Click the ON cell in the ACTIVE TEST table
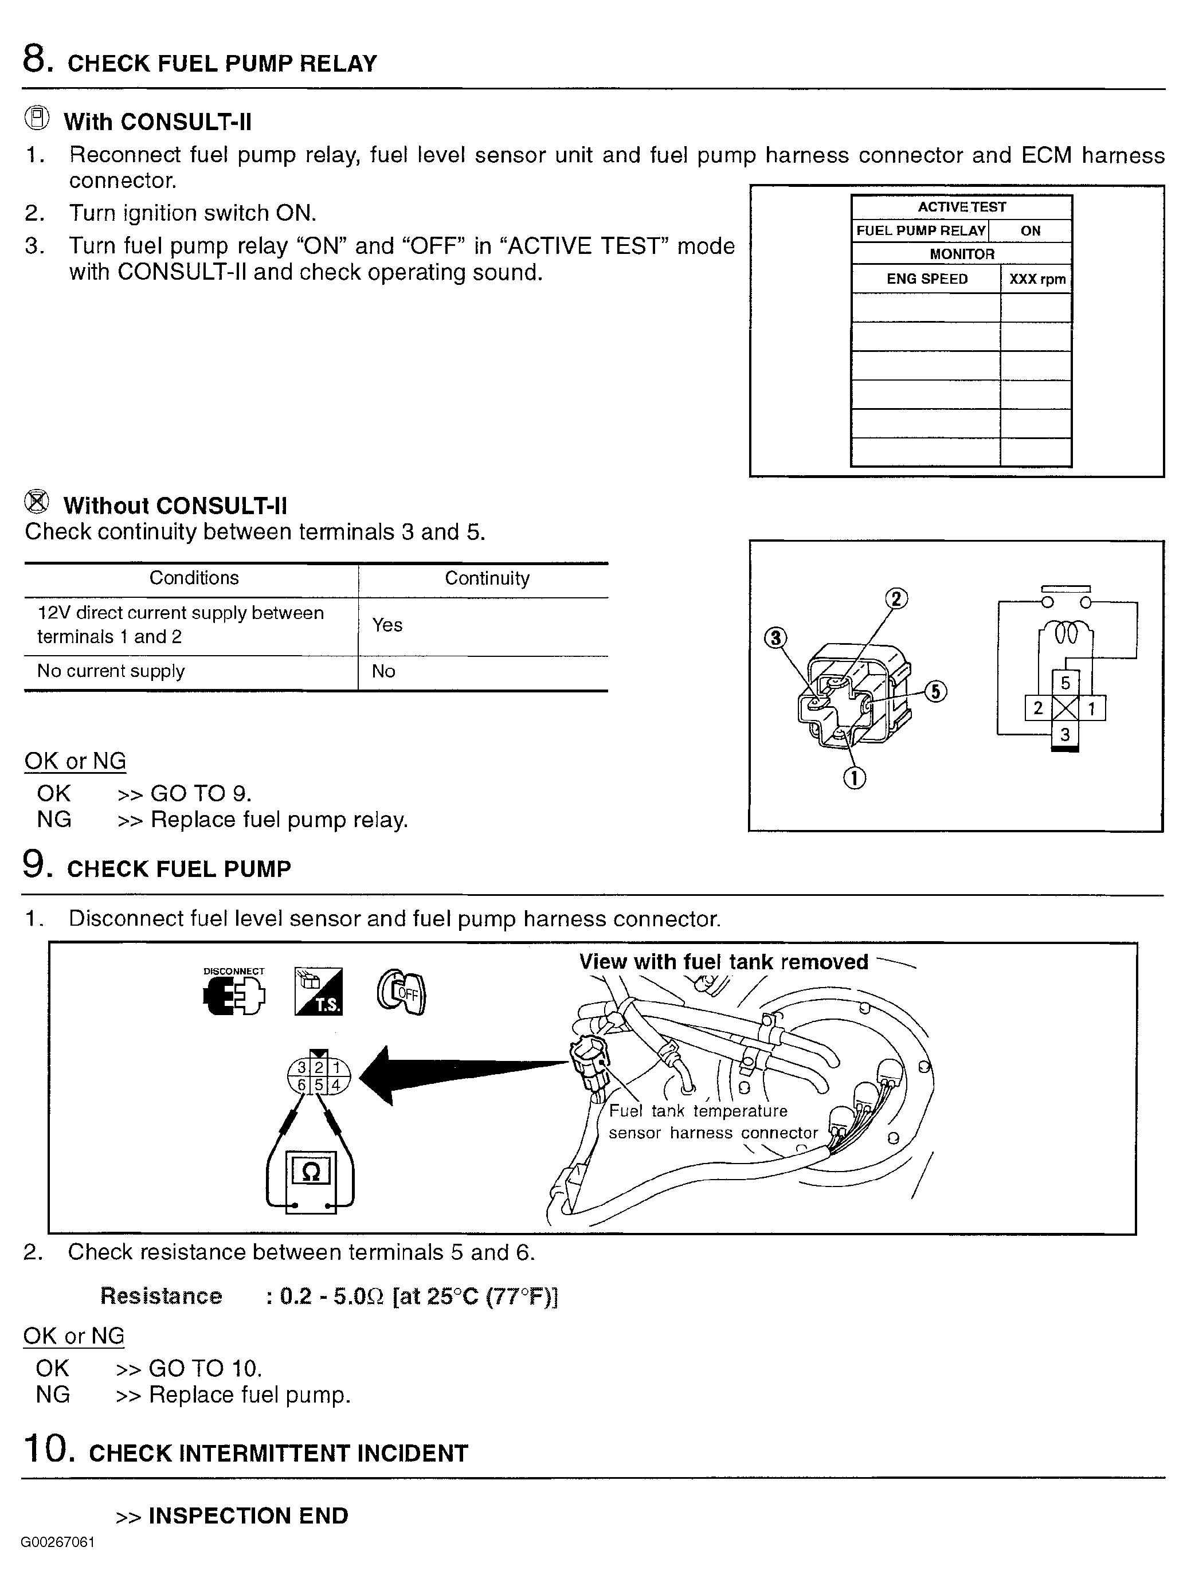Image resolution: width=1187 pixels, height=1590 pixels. [x=1031, y=230]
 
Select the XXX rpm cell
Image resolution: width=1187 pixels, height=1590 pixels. [x=1037, y=279]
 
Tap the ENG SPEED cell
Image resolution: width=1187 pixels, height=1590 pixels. [x=926, y=279]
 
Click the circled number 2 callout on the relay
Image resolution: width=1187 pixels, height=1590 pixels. [x=895, y=598]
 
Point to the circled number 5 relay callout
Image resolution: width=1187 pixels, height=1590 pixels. [x=935, y=691]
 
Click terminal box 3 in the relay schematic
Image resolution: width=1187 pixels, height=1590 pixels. [x=1065, y=734]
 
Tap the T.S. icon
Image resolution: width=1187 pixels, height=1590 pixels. [x=318, y=992]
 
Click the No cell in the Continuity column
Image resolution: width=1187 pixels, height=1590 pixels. [x=383, y=671]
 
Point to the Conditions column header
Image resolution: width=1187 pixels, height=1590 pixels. [x=194, y=578]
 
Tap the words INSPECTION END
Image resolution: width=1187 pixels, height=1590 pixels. [x=248, y=1515]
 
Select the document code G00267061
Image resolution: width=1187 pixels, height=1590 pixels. [x=57, y=1542]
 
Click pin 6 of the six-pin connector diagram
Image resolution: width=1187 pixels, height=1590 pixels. [x=303, y=1085]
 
